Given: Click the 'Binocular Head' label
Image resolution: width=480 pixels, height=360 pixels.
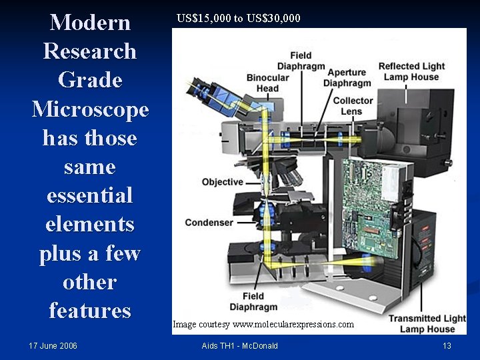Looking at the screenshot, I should pyautogui.click(x=267, y=83).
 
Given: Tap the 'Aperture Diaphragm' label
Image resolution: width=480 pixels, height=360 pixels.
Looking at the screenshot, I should pyautogui.click(x=347, y=77).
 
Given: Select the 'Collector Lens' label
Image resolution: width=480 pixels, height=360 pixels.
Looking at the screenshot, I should pyautogui.click(x=353, y=105).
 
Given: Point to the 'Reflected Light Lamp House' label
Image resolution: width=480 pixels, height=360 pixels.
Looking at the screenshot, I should pyautogui.click(x=411, y=71).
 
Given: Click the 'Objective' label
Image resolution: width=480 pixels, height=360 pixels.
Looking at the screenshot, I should pyautogui.click(x=223, y=182).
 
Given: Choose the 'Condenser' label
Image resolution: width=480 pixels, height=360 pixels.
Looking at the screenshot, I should pyautogui.click(x=209, y=223).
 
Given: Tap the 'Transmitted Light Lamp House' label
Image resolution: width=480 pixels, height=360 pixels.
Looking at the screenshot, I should pyautogui.click(x=427, y=323).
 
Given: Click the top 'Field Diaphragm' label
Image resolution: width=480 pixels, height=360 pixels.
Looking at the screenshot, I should pyautogui.click(x=301, y=61).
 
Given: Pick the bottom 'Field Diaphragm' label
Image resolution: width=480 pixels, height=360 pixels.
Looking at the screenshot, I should pyautogui.click(x=253, y=301).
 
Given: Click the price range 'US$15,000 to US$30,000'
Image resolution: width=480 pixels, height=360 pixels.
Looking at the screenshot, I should pyautogui.click(x=239, y=18).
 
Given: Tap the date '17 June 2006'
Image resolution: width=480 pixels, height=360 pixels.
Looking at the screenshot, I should pyautogui.click(x=53, y=345).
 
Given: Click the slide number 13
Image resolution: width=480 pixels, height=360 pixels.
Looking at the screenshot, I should pyautogui.click(x=447, y=345).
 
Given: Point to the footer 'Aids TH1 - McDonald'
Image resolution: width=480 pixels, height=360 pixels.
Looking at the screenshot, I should pyautogui.click(x=239, y=345).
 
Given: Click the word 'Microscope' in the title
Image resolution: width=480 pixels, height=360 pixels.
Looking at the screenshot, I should pyautogui.click(x=90, y=109).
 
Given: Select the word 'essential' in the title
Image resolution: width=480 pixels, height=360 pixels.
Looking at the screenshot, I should pyautogui.click(x=90, y=195).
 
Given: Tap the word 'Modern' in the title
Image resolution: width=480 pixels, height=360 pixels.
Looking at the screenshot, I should pyautogui.click(x=90, y=22).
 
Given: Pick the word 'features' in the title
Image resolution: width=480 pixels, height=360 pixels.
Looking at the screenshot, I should pyautogui.click(x=90, y=311).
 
